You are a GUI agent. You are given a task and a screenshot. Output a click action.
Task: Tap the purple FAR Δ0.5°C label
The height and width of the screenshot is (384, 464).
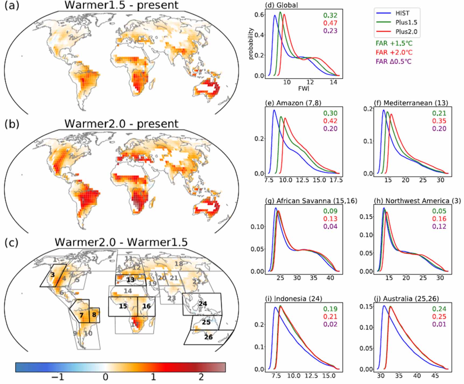tap(393, 61)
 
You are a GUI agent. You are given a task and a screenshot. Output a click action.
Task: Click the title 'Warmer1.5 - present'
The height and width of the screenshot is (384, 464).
tap(121, 5)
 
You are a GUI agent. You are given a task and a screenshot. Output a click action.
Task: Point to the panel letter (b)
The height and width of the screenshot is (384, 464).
tap(12, 124)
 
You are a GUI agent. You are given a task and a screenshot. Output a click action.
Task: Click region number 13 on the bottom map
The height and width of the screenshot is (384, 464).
tap(130, 280)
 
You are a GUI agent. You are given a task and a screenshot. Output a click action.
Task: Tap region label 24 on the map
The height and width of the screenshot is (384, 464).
tap(203, 304)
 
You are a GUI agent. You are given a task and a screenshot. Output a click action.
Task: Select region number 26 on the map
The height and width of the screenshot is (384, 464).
tap(208, 337)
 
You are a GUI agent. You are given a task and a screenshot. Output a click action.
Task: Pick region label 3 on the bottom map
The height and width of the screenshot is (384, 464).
tap(53, 275)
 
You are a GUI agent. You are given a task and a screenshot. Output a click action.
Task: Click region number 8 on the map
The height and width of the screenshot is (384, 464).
tap(94, 314)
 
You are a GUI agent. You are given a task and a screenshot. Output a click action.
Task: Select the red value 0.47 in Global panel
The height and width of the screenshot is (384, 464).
tap(330, 23)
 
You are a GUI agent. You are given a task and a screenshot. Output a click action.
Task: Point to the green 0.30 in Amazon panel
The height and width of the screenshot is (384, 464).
tap(330, 113)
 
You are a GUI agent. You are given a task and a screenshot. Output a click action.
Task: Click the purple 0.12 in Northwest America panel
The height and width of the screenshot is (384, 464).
tap(439, 227)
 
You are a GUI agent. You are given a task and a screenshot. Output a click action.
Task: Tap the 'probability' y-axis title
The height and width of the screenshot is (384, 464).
tap(251, 43)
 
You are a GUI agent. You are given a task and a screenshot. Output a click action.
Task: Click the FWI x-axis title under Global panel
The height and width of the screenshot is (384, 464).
tap(304, 88)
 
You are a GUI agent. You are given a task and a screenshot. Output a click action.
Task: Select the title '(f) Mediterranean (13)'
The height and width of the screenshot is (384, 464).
tap(411, 103)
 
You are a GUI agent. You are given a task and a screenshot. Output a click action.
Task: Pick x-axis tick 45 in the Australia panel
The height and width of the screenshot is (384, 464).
tap(435, 376)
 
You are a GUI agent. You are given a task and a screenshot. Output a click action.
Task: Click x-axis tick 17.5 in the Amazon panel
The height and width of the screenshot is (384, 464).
tap(336, 180)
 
